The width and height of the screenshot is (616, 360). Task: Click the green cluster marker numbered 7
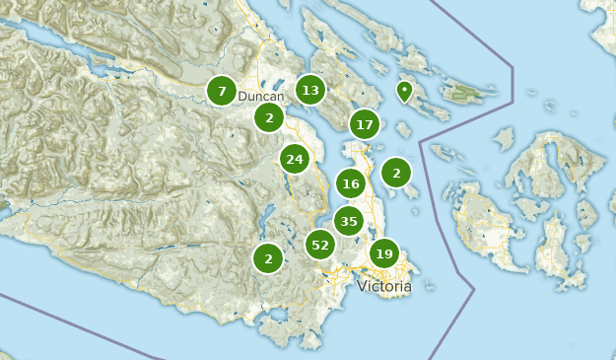[222, 91]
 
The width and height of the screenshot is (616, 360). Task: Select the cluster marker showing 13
[310, 91]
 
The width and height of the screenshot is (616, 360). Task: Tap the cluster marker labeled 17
[365, 124]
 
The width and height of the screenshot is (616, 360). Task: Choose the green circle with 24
[294, 159]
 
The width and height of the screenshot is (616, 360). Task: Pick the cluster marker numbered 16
[351, 183]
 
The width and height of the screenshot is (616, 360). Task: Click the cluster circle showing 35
[349, 221]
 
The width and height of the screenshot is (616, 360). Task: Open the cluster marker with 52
[320, 245]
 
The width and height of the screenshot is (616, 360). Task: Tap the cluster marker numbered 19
[384, 253]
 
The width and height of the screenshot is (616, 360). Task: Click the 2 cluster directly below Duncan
[269, 118]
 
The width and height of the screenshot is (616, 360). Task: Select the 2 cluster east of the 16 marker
[396, 173]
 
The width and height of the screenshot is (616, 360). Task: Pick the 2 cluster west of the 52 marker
[268, 258]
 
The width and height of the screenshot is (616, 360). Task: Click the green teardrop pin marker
[404, 91]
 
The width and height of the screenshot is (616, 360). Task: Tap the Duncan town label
[261, 97]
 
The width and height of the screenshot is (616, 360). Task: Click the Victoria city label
[384, 286]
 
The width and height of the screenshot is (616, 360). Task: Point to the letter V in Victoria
[362, 286]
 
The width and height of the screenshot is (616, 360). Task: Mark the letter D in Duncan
[242, 97]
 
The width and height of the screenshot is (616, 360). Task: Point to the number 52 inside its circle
[320, 245]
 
